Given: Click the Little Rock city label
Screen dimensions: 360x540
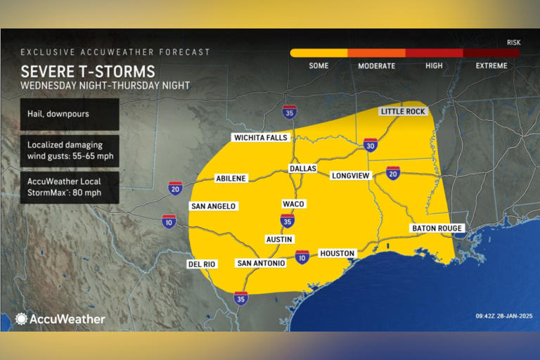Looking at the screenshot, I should pyautogui.click(x=403, y=111).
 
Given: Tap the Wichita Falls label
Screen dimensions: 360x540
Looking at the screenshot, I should pyautogui.click(x=261, y=137).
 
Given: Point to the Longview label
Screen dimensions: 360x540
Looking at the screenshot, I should pyautogui.click(x=350, y=175).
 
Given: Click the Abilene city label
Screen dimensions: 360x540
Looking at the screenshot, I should pyautogui.click(x=231, y=179).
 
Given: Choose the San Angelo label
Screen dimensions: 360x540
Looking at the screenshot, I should pyautogui.click(x=213, y=206).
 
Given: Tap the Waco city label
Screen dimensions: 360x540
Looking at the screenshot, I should pyautogui.click(x=293, y=203).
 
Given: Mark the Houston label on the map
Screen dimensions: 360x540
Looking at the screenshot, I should pyautogui.click(x=337, y=253).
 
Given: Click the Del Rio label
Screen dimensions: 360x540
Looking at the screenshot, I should pyautogui.click(x=201, y=264).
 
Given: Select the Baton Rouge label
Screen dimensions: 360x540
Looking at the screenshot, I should pyautogui.click(x=437, y=229).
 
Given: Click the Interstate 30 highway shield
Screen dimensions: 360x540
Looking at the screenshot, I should pyautogui.click(x=371, y=145).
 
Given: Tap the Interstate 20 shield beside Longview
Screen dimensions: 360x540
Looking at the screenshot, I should pyautogui.click(x=393, y=173).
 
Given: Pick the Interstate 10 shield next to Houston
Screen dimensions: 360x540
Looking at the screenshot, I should pyautogui.click(x=302, y=257).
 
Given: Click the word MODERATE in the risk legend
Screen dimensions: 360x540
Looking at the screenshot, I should pyautogui.click(x=376, y=65).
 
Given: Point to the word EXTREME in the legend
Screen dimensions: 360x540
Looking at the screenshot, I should pyautogui.click(x=491, y=65).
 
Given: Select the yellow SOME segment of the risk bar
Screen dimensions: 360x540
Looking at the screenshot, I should pyautogui.click(x=319, y=53).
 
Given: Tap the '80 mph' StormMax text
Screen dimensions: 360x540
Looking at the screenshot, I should pyautogui.click(x=69, y=193).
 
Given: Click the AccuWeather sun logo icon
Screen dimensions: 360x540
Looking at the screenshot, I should pyautogui.click(x=21, y=319).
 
